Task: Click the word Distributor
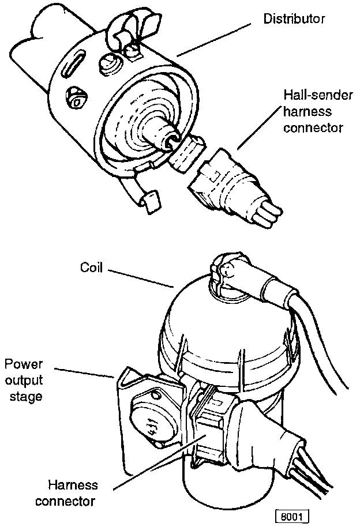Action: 294,19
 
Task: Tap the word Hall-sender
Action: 311,95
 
